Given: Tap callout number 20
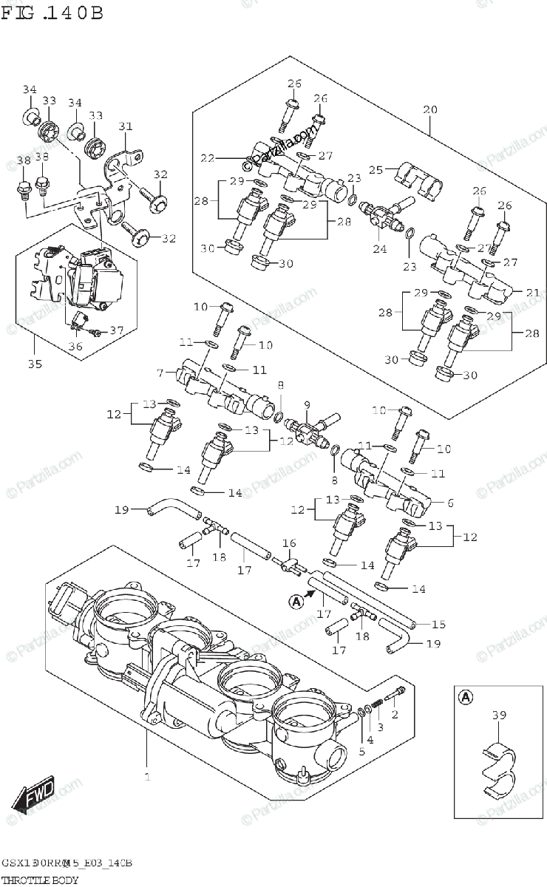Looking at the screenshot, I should (x=430, y=109).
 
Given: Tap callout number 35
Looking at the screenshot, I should (x=35, y=364).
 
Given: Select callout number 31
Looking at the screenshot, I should (x=125, y=126).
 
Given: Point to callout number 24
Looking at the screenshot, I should (x=379, y=249).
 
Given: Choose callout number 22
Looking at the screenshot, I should (x=207, y=157).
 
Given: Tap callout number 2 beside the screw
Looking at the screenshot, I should (x=394, y=714).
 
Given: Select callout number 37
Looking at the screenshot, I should (x=116, y=330).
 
